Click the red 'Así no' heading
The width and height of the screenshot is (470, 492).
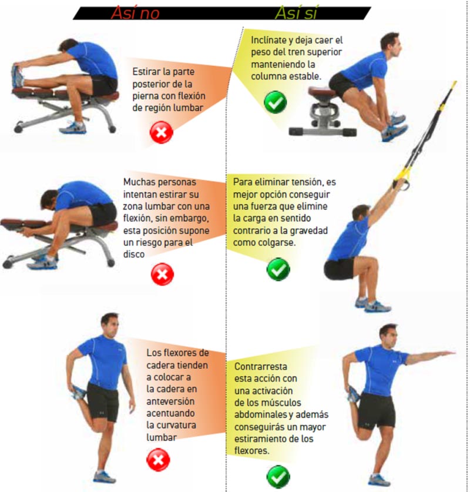point(135,13)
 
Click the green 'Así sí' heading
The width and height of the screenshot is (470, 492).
point(296,13)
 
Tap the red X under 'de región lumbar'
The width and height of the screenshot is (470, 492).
point(162,132)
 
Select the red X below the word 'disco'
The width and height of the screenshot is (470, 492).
point(162,275)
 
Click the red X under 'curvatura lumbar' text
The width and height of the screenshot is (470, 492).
point(159,460)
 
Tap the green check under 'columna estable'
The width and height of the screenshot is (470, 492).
point(276,102)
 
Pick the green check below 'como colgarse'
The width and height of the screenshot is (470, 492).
point(278,269)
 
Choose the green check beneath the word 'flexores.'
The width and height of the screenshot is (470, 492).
point(278,477)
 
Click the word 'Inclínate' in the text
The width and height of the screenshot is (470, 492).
point(268,40)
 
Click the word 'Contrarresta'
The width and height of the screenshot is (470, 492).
point(260,366)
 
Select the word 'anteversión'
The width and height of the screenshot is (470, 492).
point(170,401)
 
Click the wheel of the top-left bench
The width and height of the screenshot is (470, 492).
point(18,127)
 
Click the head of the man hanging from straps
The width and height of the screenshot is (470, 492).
point(361,213)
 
